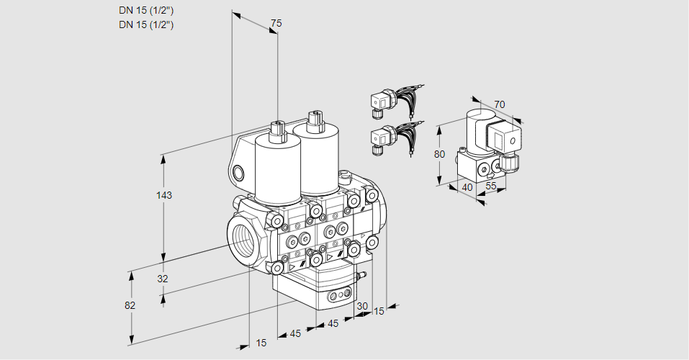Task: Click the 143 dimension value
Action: (164, 195)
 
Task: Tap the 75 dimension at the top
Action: (276, 23)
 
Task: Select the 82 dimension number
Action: (130, 305)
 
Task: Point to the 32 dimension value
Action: (163, 279)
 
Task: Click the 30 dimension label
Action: (362, 306)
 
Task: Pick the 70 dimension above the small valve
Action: (499, 104)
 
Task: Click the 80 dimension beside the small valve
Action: (439, 154)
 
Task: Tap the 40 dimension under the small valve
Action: (467, 187)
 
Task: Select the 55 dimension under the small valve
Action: (490, 186)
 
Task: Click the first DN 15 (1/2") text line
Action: (146, 11)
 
